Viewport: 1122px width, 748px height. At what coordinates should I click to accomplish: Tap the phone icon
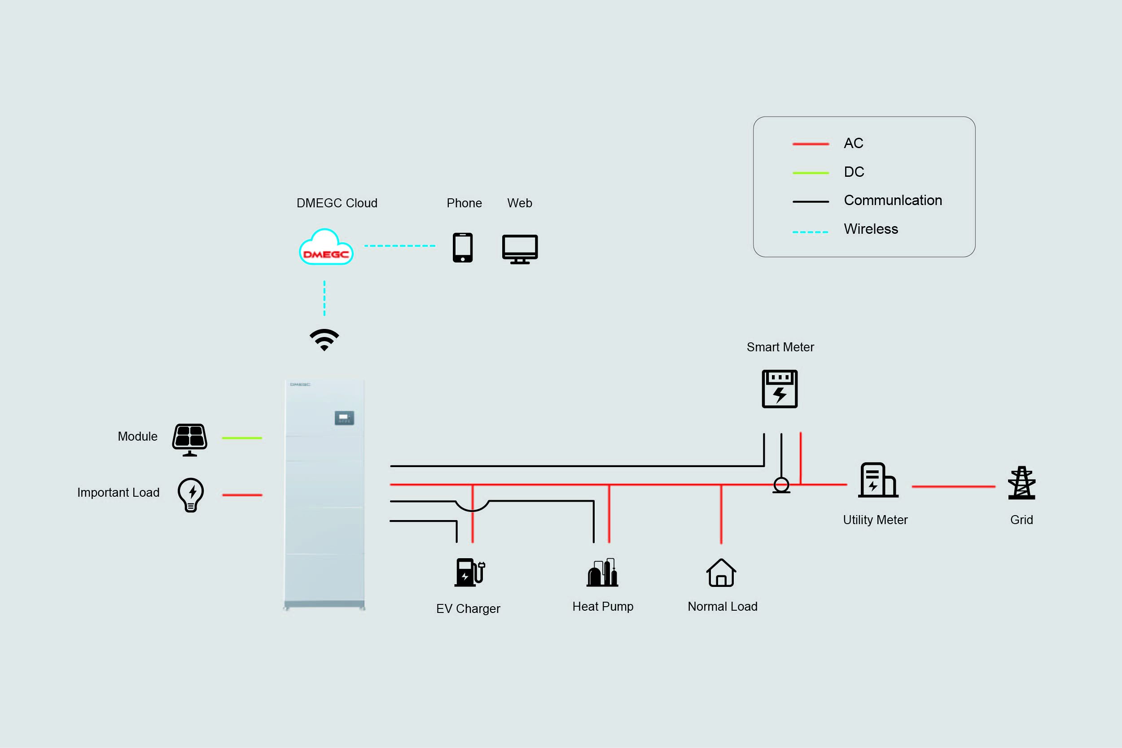point(462,248)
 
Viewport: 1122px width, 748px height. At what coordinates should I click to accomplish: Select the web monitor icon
point(520,249)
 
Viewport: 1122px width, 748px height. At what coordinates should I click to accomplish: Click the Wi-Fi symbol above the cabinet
point(324,339)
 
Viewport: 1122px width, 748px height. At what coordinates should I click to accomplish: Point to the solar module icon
point(190,439)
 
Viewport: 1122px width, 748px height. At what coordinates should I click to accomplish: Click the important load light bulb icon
point(191,494)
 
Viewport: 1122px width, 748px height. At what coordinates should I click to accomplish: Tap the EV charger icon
point(469,572)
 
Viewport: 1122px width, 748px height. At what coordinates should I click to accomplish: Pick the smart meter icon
point(780,389)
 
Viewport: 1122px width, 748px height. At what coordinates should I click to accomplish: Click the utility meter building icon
point(878,480)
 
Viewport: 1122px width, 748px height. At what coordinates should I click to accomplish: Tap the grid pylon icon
point(1021,483)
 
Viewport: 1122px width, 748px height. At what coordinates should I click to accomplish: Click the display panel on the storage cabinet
point(344,418)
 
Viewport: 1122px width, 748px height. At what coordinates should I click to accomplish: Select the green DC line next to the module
point(242,438)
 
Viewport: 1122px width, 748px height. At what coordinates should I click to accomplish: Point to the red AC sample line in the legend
point(811,144)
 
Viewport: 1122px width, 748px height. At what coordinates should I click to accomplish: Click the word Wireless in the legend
point(871,229)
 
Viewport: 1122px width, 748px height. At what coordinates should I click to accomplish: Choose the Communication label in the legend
point(893,201)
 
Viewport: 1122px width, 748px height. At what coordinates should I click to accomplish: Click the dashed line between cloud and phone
point(400,246)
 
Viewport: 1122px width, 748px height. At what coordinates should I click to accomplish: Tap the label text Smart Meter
point(780,347)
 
